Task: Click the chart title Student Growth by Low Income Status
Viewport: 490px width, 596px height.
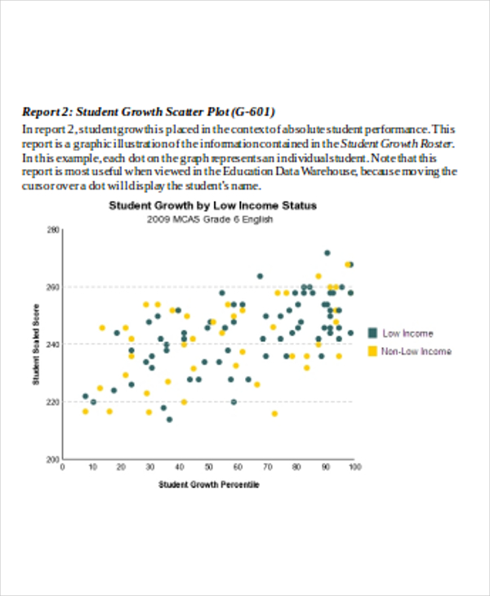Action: [x=212, y=206]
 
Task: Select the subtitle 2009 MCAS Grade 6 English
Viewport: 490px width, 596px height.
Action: [x=210, y=220]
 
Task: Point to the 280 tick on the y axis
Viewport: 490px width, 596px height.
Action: [x=52, y=231]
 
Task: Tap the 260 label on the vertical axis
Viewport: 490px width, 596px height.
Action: [x=52, y=287]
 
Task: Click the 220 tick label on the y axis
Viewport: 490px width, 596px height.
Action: [x=52, y=402]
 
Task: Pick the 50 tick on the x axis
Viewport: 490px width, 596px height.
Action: [x=208, y=467]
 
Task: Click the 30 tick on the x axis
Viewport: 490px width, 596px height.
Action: [x=150, y=467]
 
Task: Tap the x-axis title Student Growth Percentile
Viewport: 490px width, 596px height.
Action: [x=208, y=485]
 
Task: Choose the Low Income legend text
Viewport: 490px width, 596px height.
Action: [x=408, y=333]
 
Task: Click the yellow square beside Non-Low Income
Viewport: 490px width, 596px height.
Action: [x=372, y=351]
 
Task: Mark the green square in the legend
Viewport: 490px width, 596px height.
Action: [x=372, y=333]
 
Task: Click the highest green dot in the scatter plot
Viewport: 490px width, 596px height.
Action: [x=327, y=253]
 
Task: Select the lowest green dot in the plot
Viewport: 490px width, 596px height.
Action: [x=169, y=420]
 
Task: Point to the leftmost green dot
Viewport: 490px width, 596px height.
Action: [x=85, y=396]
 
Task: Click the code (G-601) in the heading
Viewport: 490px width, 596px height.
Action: [x=253, y=112]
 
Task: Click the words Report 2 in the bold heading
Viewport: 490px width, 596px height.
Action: [x=45, y=112]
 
